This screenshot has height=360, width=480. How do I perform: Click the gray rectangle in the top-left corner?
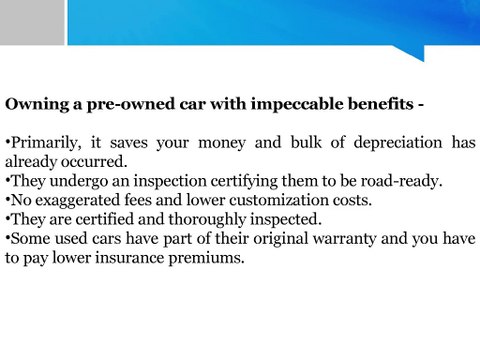(x=32, y=22)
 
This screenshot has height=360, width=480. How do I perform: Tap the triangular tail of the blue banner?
(x=411, y=52)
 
